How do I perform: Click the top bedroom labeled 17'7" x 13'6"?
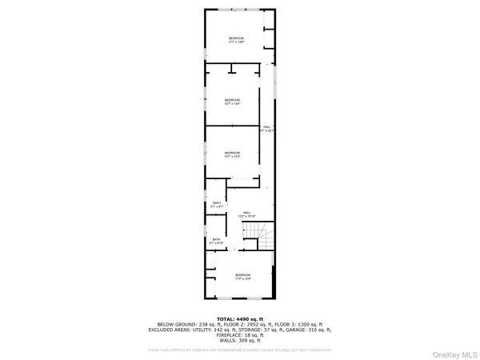[236, 41]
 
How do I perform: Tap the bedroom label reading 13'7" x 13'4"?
[233, 102]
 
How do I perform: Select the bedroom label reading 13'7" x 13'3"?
[232, 154]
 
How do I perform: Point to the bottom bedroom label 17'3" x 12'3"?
[243, 277]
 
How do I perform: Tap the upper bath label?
[216, 206]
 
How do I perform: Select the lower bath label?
[216, 241]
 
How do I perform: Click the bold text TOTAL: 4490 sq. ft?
[240, 318]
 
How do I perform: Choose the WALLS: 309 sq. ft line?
[240, 341]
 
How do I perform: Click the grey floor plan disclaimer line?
[240, 349]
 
